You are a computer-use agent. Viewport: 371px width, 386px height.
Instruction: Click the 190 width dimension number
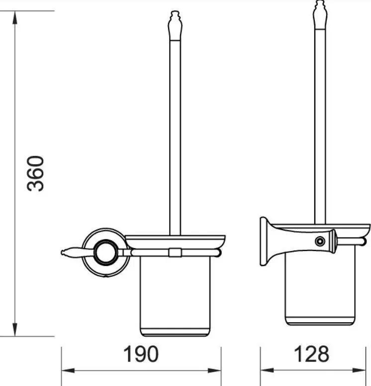tap(140, 354)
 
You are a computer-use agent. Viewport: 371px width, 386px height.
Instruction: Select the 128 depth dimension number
tap(311, 354)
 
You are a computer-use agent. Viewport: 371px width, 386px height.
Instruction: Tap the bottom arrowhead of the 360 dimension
tap(15, 331)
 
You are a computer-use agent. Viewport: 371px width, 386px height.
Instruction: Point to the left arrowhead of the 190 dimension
tap(66, 371)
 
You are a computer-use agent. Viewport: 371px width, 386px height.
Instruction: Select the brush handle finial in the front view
tap(175, 25)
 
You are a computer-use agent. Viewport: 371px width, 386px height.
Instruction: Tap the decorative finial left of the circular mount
tap(69, 253)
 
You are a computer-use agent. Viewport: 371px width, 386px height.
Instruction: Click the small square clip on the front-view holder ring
tap(174, 253)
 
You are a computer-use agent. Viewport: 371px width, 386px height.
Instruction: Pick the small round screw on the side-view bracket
tap(318, 242)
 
